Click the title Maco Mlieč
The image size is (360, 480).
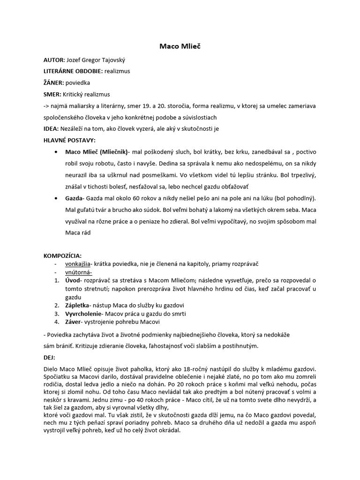click(180, 47)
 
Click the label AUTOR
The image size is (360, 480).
click(54, 60)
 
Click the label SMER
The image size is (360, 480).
click(52, 94)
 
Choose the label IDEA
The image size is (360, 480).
click(50, 128)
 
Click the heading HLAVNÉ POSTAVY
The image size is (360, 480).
click(69, 140)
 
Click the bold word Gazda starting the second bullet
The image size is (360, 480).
click(74, 197)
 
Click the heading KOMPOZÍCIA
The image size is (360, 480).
click(62, 256)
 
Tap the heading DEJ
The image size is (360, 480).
click(48, 357)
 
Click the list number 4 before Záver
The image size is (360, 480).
click(56, 322)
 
